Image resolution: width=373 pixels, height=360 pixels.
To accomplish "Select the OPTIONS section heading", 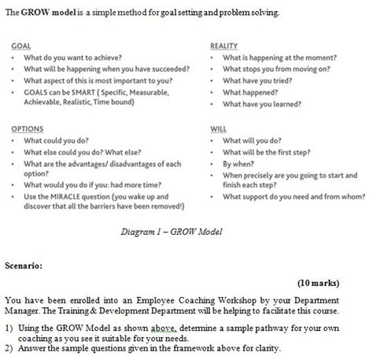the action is pos(28,128).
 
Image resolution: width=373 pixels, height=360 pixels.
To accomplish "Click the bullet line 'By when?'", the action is pos(240,163).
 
